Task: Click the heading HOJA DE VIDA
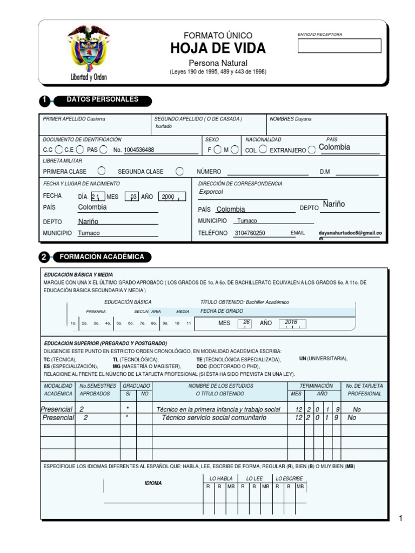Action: [x=218, y=49]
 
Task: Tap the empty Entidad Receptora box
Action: [x=339, y=46]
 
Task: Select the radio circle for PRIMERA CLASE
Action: [x=101, y=171]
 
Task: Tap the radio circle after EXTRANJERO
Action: [x=312, y=150]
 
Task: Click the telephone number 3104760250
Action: [x=250, y=233]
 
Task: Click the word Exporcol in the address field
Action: [x=211, y=192]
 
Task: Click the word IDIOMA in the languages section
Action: [x=153, y=483]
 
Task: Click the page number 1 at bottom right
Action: [x=401, y=519]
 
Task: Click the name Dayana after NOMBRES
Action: [x=303, y=119]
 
